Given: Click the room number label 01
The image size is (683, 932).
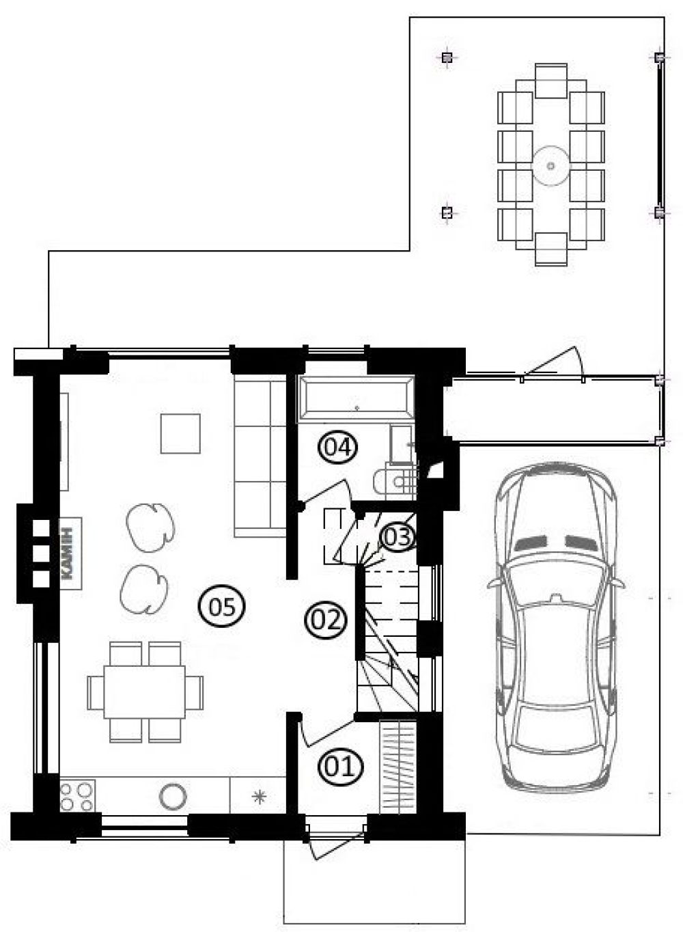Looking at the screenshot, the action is pos(340,767).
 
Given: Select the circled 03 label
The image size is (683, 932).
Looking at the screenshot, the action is pos(398,537).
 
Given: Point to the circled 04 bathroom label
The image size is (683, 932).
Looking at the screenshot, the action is pos(337,448).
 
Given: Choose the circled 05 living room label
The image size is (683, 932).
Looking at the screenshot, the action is pos(222,607).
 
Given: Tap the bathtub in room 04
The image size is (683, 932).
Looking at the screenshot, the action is pos(356,399).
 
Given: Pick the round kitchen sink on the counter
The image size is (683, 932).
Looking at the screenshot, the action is pos(173,797).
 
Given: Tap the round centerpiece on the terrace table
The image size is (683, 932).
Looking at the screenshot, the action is pos(550,166).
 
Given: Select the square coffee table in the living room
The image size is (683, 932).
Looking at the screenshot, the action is pos(180,433).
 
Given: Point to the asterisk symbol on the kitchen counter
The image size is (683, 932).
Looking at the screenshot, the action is pos(260,797).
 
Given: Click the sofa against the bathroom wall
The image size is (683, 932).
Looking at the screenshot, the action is pos(260,456).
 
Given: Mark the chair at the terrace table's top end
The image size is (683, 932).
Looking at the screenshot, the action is pos(551,81).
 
